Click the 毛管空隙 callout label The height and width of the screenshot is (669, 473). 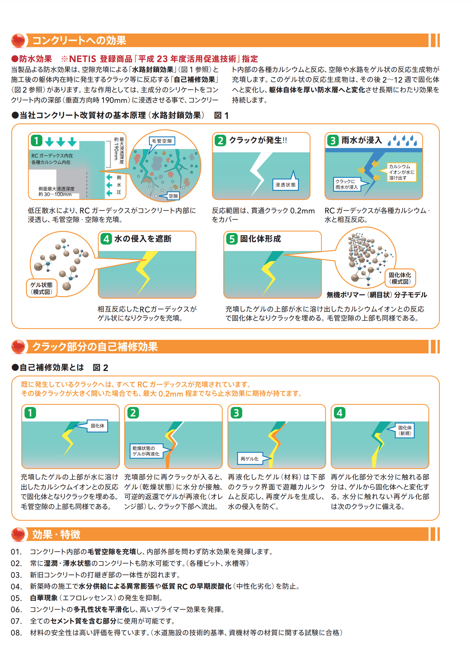162,141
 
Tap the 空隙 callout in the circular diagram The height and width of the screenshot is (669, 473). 173,196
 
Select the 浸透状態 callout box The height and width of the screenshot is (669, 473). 285,185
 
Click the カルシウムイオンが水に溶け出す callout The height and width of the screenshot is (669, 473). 401,172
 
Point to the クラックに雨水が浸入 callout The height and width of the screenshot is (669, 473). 347,184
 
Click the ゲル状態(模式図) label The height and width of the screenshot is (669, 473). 41,288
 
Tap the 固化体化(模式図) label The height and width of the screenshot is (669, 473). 400,278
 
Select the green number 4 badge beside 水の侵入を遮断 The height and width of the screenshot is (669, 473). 106,239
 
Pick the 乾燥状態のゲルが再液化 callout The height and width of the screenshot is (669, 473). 146,451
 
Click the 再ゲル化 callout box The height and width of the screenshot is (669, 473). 249,459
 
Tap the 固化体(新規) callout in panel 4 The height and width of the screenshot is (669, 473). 405,430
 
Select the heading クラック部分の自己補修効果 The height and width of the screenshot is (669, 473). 95,347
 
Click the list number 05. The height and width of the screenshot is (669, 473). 16,598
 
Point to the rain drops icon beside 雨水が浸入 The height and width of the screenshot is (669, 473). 402,141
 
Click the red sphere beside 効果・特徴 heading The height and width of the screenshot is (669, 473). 18,534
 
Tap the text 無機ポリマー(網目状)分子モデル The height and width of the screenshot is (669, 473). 377,295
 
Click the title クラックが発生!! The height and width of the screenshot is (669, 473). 258,140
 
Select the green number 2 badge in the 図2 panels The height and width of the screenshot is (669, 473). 133,413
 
